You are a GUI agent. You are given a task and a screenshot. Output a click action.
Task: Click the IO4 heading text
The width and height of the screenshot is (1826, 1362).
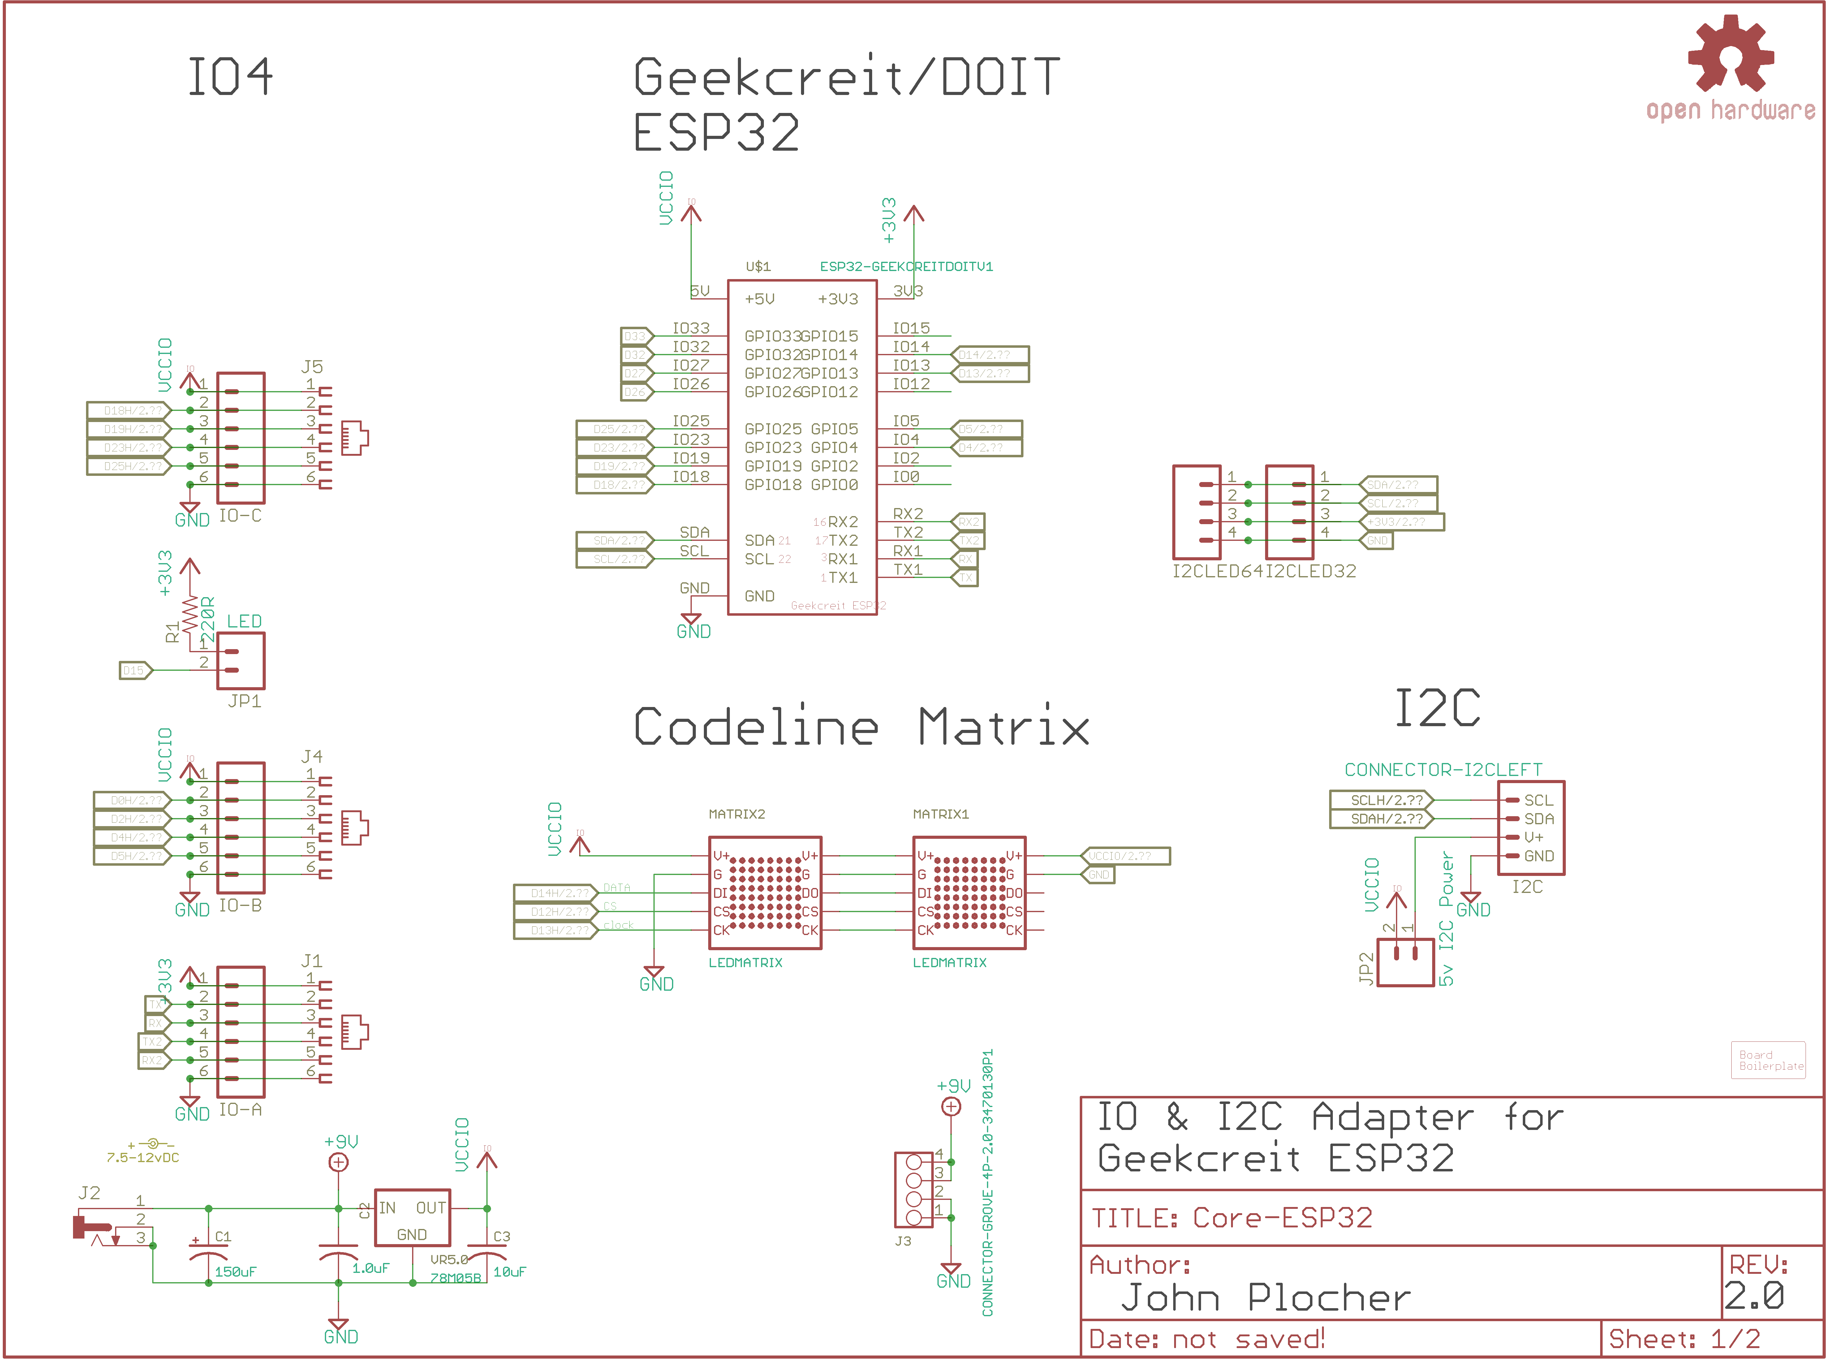click(x=230, y=77)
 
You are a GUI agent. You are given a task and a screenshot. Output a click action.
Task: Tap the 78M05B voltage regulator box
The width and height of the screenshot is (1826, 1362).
click(x=412, y=1218)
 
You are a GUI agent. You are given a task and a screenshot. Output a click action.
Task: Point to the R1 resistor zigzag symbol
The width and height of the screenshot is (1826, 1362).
click(x=191, y=614)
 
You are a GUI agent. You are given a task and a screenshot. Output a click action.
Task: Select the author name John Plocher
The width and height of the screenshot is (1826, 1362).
click(x=1265, y=1299)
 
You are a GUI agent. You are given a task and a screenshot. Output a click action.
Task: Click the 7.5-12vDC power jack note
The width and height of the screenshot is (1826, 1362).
click(x=143, y=1157)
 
